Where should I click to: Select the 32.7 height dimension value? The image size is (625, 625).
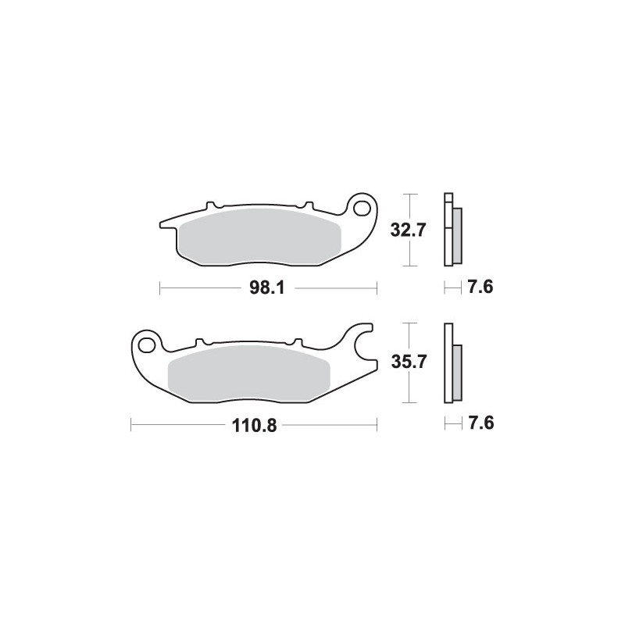point(408,230)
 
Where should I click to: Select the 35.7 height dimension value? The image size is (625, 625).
point(408,363)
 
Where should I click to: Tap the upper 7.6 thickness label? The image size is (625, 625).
point(479,288)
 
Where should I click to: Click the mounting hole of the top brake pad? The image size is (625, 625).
point(362,209)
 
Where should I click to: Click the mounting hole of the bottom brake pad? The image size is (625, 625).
point(147,342)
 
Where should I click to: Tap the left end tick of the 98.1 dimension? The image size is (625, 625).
point(160,288)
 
